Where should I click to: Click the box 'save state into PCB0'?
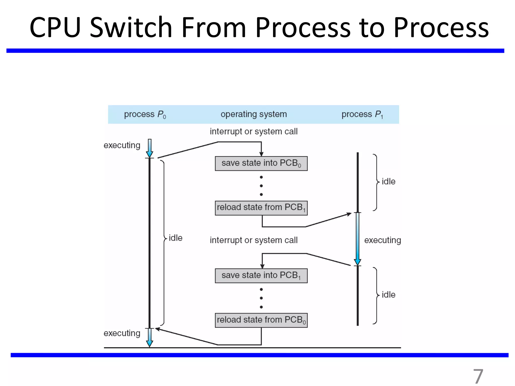coord(261,163)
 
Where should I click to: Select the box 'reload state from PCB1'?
coord(261,208)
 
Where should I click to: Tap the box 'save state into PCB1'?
coord(261,275)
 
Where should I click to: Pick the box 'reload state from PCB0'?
coord(261,320)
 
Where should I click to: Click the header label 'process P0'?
coord(145,114)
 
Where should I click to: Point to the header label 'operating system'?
coord(253,114)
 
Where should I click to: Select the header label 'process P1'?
coord(362,114)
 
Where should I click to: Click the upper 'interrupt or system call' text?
coord(253,131)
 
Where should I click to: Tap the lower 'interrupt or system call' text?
coord(253,240)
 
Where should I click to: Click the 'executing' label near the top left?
coord(122,145)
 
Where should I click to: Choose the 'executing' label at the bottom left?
coord(122,333)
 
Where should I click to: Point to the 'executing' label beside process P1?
coord(382,240)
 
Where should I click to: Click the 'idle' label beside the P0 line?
coord(176,238)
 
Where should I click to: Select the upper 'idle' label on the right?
coord(388,181)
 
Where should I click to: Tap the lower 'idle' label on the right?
coord(388,295)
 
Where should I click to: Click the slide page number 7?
coord(478,376)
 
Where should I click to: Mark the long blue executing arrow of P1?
coord(357,239)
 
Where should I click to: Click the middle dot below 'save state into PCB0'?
coord(261,186)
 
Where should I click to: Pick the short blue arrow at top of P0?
coord(150,148)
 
